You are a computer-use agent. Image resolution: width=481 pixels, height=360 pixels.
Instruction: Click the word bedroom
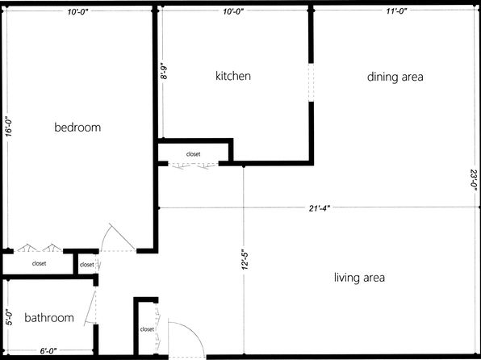click(x=77, y=127)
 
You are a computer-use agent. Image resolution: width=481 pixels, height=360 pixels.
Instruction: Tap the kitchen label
click(x=233, y=76)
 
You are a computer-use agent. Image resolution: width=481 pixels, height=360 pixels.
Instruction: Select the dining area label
click(x=395, y=77)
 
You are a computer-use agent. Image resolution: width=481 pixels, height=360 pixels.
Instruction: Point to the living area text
click(x=359, y=278)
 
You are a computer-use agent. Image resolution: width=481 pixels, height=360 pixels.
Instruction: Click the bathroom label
click(x=49, y=317)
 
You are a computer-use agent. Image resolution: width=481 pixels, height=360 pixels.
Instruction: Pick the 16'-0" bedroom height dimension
click(x=9, y=128)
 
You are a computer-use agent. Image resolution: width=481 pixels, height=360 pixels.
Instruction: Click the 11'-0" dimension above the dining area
click(x=396, y=11)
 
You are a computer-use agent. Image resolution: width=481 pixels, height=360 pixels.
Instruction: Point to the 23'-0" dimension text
click(x=475, y=178)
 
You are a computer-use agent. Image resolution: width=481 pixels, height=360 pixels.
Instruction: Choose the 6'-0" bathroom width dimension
click(x=48, y=351)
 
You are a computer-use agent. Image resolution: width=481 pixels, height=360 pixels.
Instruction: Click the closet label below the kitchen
click(x=193, y=154)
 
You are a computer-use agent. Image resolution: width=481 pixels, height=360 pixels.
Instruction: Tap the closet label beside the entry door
click(x=147, y=329)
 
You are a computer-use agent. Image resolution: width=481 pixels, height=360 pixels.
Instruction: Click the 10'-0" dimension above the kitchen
click(x=233, y=11)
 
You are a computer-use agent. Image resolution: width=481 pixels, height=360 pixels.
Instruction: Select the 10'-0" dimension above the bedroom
click(x=78, y=12)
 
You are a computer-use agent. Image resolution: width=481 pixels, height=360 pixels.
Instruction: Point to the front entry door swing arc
click(x=192, y=333)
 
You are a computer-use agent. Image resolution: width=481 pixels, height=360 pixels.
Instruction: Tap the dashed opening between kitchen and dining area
click(x=311, y=82)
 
